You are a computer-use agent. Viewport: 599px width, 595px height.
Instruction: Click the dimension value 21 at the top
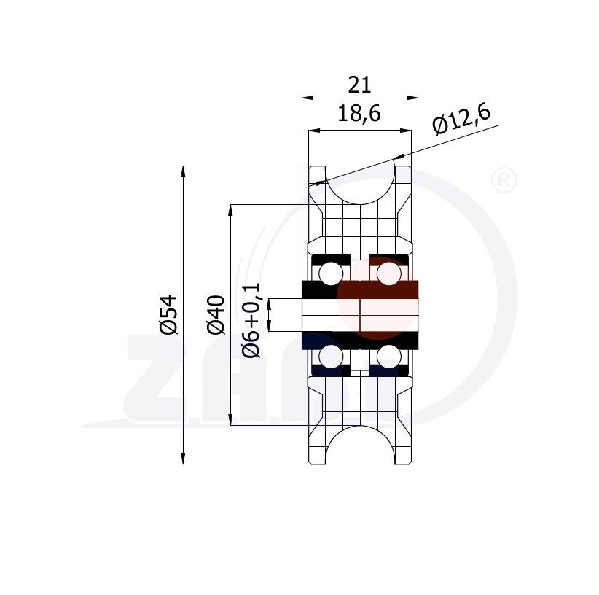(x=359, y=85)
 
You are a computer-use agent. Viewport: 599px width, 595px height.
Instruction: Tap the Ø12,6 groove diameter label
(x=461, y=118)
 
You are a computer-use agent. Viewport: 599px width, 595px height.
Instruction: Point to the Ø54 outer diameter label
(x=168, y=315)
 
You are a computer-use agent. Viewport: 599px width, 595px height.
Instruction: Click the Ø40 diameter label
(x=215, y=315)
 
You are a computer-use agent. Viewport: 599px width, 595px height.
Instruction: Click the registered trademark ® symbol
(x=504, y=180)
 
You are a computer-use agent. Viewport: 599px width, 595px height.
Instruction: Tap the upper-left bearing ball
(x=330, y=273)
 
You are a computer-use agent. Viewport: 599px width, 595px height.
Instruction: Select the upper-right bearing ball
(x=390, y=273)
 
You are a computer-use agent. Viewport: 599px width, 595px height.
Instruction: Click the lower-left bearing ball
(x=330, y=357)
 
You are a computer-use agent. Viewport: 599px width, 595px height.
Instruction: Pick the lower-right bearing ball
(x=390, y=357)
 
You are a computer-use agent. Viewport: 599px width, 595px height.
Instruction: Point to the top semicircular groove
(x=360, y=182)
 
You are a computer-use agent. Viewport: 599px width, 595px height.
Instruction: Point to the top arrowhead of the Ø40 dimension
(x=231, y=209)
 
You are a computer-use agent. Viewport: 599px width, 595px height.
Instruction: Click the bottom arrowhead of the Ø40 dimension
(x=231, y=421)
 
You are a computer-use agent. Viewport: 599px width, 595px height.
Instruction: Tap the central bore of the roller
(x=360, y=315)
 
